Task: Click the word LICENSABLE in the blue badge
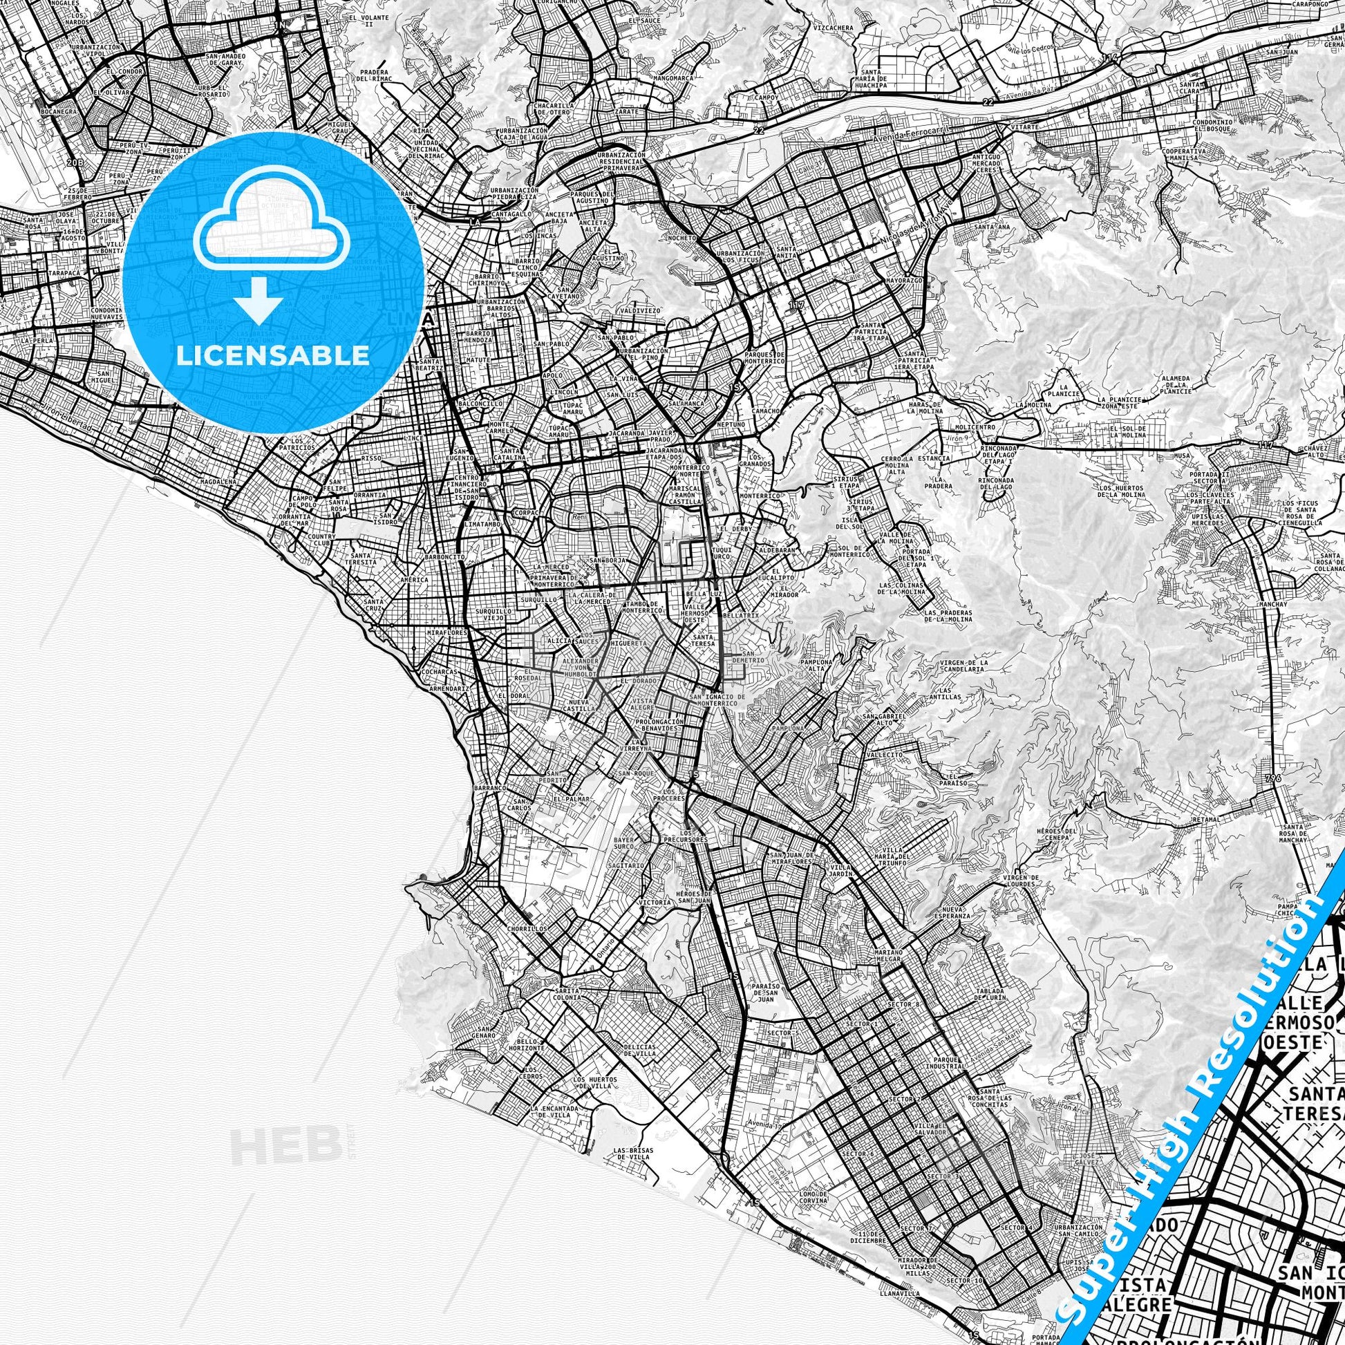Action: pos(273,355)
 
